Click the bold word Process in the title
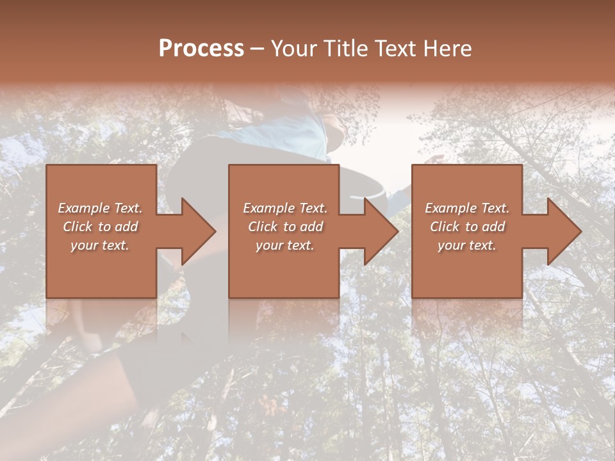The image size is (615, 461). (x=201, y=49)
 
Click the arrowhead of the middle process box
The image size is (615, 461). (x=380, y=231)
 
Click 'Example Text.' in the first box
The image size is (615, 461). (x=100, y=208)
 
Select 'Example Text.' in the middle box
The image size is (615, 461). (x=285, y=208)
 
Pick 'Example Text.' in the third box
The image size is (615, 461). (x=467, y=208)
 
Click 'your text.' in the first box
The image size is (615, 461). (x=100, y=245)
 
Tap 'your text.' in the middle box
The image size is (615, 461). (x=285, y=245)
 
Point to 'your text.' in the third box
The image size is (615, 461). (x=467, y=245)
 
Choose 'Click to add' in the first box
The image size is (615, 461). (x=100, y=227)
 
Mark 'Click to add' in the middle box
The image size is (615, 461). (x=285, y=227)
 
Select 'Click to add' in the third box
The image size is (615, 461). (x=467, y=227)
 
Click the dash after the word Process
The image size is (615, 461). (x=258, y=49)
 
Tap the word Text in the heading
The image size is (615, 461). (x=394, y=49)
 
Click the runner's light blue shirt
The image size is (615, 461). (x=282, y=131)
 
